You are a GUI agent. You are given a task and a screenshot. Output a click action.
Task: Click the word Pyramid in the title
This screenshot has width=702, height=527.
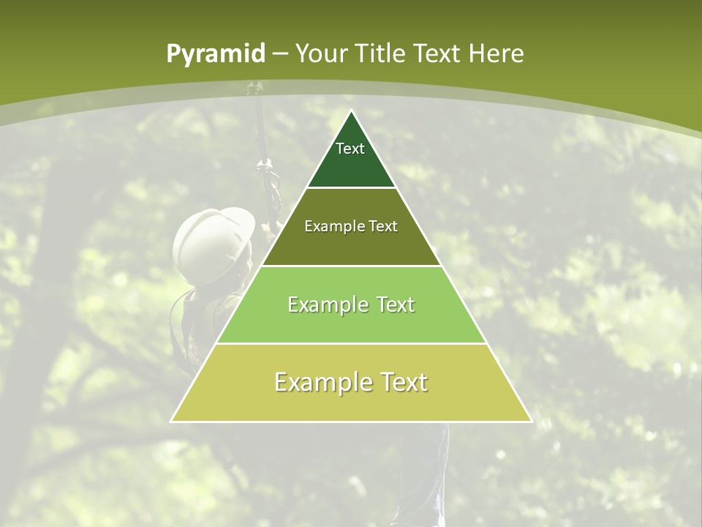point(215,54)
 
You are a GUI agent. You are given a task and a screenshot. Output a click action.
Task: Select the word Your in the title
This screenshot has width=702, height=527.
point(321,54)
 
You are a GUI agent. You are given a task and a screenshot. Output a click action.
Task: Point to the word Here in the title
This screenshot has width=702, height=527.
point(496,54)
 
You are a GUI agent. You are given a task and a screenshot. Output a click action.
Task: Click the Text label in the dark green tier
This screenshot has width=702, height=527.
point(350,149)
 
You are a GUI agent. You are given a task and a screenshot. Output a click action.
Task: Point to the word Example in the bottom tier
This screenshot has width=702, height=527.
point(322,383)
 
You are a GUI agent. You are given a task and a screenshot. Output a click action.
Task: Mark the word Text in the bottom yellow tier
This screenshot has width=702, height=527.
point(404,383)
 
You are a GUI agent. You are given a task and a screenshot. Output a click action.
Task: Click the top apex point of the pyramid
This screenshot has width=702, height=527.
point(352,111)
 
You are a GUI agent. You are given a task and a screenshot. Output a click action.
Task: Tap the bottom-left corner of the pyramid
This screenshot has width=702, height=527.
point(172,421)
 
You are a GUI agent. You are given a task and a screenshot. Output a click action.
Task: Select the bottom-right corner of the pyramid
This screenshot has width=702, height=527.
point(531,421)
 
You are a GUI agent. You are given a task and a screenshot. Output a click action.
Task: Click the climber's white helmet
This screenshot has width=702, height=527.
point(213,235)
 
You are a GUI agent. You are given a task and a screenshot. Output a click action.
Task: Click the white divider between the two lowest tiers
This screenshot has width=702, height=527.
point(352,343)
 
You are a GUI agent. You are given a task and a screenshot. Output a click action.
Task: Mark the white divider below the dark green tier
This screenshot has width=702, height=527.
point(352,187)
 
